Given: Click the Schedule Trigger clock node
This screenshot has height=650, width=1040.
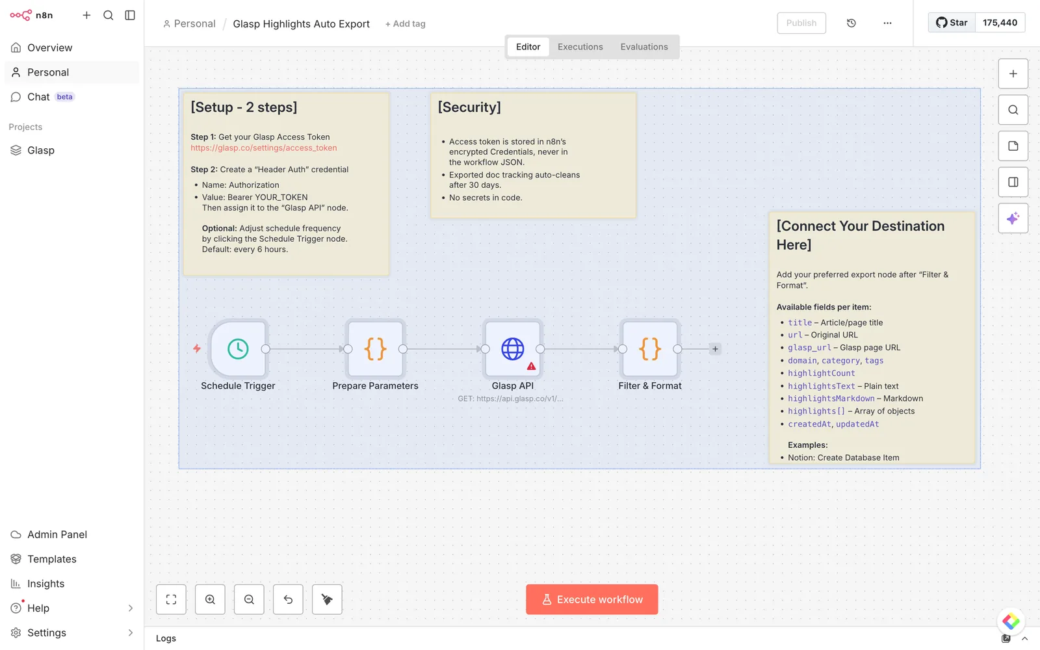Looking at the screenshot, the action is click(238, 348).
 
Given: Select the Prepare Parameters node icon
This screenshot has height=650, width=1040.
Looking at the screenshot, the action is click(375, 348).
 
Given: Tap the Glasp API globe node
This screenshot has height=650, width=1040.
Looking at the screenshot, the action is click(513, 348).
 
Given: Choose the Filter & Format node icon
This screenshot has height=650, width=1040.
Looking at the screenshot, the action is click(649, 348).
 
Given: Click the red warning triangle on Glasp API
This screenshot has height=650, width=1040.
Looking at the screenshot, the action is click(531, 367).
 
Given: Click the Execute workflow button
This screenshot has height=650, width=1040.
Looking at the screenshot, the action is click(592, 599).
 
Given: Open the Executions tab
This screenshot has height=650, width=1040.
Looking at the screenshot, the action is click(580, 47).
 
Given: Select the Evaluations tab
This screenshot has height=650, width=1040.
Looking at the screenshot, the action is click(644, 47).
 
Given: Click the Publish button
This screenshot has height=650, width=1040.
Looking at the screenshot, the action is click(801, 23).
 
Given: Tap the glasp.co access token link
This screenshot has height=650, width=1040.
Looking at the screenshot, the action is click(264, 148).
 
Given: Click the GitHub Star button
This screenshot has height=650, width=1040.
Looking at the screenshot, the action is click(952, 22).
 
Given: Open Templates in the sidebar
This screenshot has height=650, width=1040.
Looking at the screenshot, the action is click(51, 559).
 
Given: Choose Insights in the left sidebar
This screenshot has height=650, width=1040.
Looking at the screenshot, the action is click(45, 584).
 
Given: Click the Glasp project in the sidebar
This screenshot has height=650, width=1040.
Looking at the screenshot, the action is click(41, 150).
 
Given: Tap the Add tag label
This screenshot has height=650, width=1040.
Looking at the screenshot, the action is click(405, 23).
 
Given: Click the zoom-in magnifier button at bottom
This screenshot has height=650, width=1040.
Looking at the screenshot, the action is click(210, 599).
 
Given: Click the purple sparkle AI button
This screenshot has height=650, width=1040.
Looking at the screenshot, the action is click(1013, 218).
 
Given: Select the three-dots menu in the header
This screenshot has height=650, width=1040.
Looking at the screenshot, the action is click(887, 23).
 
